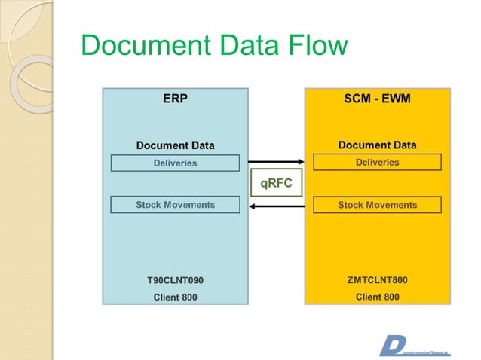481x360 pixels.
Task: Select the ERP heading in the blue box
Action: pos(175,99)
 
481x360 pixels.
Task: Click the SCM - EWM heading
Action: pos(377,99)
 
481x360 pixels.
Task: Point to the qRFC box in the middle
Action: pos(276,183)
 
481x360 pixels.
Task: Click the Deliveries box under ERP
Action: pos(175,163)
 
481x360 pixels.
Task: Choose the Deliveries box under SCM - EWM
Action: pos(377,163)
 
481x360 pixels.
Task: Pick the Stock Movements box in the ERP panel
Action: pos(175,205)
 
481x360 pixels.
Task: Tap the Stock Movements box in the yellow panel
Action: pos(377,205)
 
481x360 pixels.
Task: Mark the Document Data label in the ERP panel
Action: pos(175,145)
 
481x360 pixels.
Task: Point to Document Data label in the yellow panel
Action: pos(377,145)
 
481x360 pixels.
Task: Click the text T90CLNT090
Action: pos(175,280)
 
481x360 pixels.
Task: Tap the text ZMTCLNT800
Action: pos(377,280)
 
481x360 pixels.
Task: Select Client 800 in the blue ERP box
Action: pos(175,297)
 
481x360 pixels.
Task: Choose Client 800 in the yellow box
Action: pos(377,297)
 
